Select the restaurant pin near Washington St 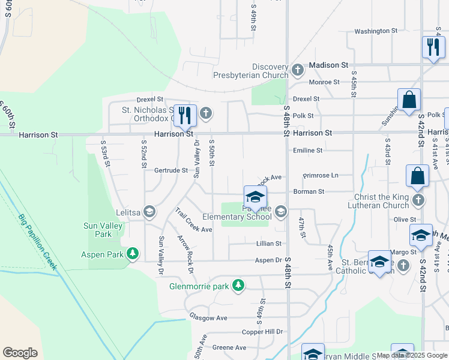(x=433, y=47)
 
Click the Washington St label (x=376, y=31)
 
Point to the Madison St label (x=328, y=65)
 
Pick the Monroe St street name (x=324, y=82)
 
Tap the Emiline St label (x=308, y=151)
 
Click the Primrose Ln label (x=321, y=176)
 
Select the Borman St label (x=309, y=192)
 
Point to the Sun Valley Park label (x=97, y=230)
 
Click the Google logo (x=20, y=353)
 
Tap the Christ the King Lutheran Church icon (x=418, y=200)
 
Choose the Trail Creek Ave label (x=194, y=221)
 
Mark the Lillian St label (x=269, y=244)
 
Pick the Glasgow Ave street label (x=208, y=317)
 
